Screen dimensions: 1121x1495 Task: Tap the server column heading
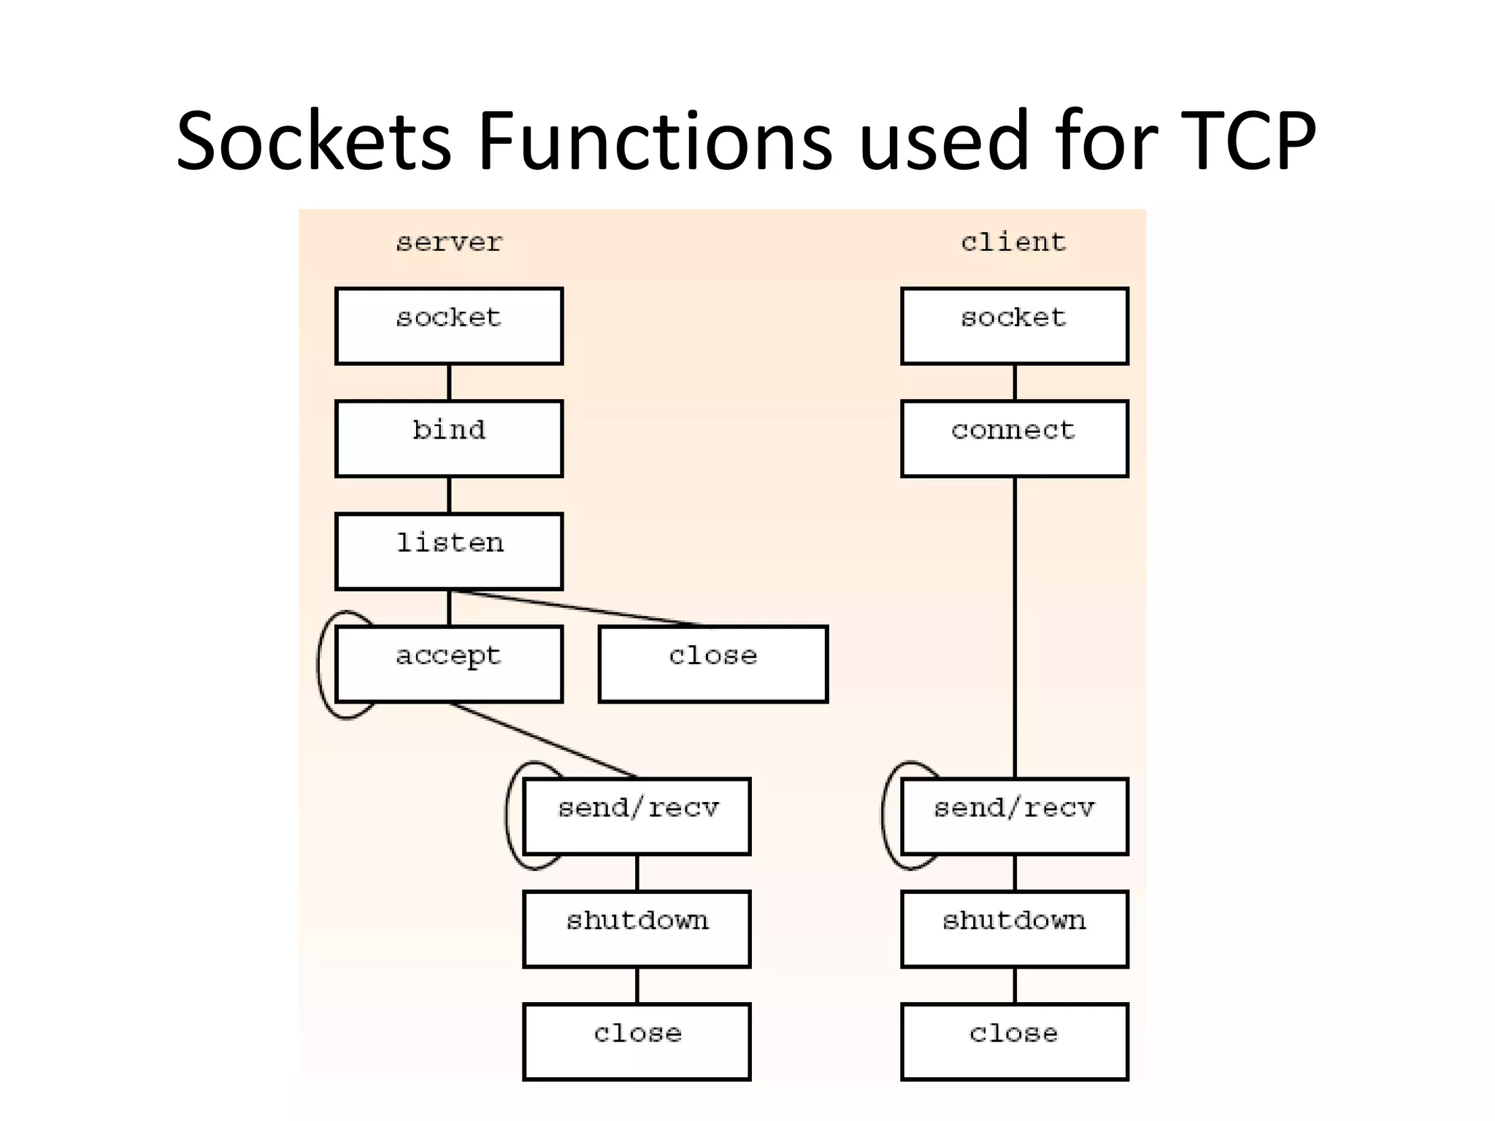449,242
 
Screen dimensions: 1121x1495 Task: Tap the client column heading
1013,242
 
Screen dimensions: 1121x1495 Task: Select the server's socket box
449,326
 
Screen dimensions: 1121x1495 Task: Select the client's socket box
1015,326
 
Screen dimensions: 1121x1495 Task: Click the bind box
449,439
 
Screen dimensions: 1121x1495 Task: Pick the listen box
449,551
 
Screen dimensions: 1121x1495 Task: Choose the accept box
449,664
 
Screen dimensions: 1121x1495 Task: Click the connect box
1015,439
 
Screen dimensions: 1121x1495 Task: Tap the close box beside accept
713,664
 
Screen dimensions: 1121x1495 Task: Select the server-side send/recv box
637,816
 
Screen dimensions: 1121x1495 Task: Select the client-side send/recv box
1015,816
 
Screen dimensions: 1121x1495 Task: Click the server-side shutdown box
637,929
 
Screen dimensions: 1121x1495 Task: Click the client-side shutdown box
1015,929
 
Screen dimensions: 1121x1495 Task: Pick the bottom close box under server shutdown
637,1041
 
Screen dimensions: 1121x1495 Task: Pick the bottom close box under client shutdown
1015,1041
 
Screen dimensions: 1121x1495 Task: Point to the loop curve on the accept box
320,664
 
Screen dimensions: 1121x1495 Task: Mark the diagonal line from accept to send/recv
544,740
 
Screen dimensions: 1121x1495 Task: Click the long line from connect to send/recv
1015,628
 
